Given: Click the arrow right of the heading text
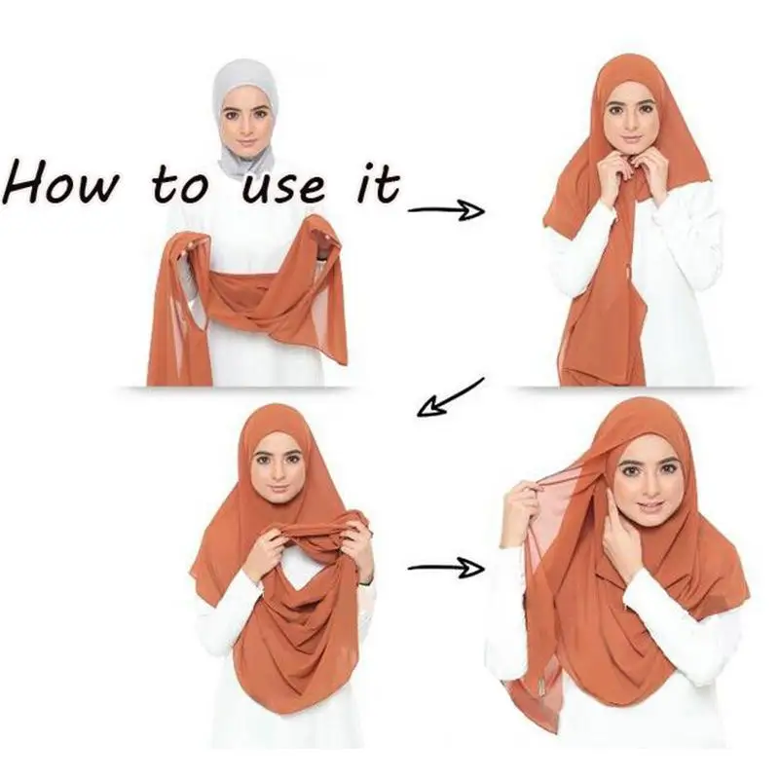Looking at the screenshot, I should click(x=445, y=209).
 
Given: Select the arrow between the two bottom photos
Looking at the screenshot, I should click(x=445, y=568).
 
